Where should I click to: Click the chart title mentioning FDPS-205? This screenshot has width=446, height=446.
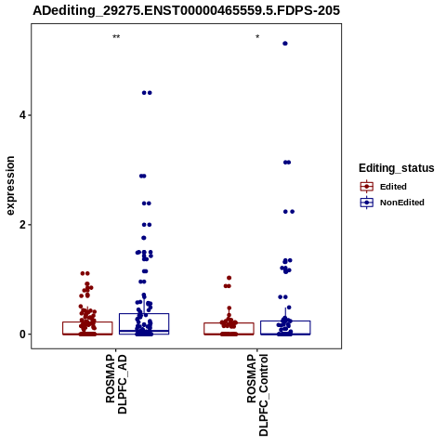click(x=186, y=10)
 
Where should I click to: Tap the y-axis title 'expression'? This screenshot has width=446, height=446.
click(x=10, y=186)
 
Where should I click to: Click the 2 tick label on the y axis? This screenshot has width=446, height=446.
click(x=22, y=225)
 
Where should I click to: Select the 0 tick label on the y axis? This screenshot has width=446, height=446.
click(x=22, y=334)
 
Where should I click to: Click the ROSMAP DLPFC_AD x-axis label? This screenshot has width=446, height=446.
click(x=116, y=385)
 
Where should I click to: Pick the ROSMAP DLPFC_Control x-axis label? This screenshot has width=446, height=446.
click(x=257, y=395)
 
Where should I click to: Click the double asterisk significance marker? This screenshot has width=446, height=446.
click(x=116, y=37)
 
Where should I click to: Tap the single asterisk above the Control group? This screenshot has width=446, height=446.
click(x=257, y=37)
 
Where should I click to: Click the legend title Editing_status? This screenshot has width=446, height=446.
click(x=397, y=168)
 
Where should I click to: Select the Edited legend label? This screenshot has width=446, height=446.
click(x=393, y=187)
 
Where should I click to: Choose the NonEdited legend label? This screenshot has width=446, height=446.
click(x=402, y=203)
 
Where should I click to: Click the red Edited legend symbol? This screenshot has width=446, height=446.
click(x=367, y=187)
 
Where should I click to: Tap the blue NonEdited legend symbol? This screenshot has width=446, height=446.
click(x=367, y=203)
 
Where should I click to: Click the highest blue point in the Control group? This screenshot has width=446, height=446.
click(x=285, y=44)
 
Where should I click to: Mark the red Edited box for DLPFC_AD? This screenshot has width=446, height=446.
click(x=87, y=328)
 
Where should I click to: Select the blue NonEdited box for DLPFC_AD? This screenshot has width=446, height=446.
click(x=144, y=324)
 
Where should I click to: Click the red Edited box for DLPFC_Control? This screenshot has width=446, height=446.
click(x=229, y=329)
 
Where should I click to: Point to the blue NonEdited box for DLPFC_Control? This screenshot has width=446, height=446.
click(x=285, y=328)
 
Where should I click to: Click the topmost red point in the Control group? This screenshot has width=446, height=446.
click(x=230, y=278)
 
